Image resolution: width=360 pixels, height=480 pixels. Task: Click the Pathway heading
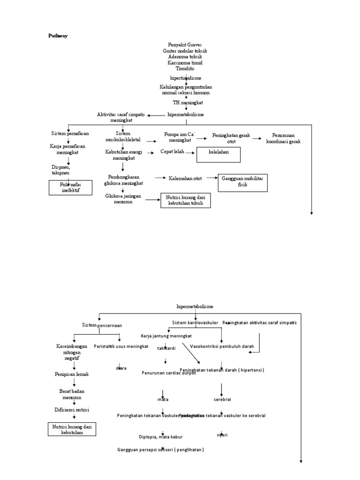coord(59,36)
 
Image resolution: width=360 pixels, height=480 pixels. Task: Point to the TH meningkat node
coord(187,102)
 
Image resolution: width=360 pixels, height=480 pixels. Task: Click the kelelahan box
coord(218,155)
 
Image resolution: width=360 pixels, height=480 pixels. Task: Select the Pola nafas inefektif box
coord(70,187)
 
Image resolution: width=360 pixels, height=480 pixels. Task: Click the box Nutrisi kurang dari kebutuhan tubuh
coord(185,201)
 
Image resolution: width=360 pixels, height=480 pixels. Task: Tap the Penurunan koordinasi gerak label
coord(283,138)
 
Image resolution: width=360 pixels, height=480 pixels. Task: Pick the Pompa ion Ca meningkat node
coord(179,137)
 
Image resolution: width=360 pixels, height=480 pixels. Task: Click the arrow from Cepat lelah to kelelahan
coord(190,152)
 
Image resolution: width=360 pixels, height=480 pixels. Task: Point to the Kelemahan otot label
coord(188,178)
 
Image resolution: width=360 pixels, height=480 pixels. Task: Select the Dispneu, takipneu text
coord(60,169)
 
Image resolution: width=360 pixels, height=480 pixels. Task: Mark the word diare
coord(121,368)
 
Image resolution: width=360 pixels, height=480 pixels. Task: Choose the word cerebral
coord(222,399)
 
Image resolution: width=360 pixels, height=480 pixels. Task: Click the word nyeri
coord(222,435)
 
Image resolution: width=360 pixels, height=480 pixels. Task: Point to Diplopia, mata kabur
coord(160,437)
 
